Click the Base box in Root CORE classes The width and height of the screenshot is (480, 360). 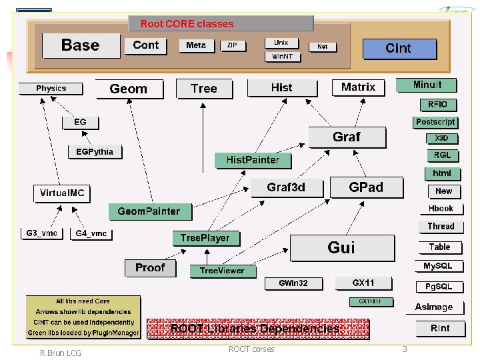(x=80, y=45)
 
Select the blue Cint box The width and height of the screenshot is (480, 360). (x=399, y=48)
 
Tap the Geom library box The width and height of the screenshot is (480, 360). (x=129, y=89)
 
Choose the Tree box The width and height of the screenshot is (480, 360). (x=204, y=88)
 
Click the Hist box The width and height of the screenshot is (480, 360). (x=281, y=87)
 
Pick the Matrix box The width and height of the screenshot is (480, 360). (x=359, y=87)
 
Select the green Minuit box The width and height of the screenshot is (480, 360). (x=427, y=85)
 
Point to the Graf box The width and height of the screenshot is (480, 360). (x=347, y=137)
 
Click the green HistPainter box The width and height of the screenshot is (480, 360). (x=253, y=160)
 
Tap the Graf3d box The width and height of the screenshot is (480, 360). (x=286, y=187)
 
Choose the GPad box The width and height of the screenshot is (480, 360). (x=366, y=187)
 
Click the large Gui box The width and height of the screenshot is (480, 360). (x=341, y=248)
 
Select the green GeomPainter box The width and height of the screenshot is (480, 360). (x=149, y=211)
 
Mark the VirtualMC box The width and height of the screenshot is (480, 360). (x=62, y=193)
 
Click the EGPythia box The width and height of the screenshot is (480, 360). (x=95, y=152)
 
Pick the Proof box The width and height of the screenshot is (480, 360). (x=150, y=267)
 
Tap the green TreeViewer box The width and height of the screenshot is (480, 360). (x=222, y=271)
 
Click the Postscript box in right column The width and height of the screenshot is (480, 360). (x=435, y=122)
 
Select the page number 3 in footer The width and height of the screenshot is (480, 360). (x=404, y=349)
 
